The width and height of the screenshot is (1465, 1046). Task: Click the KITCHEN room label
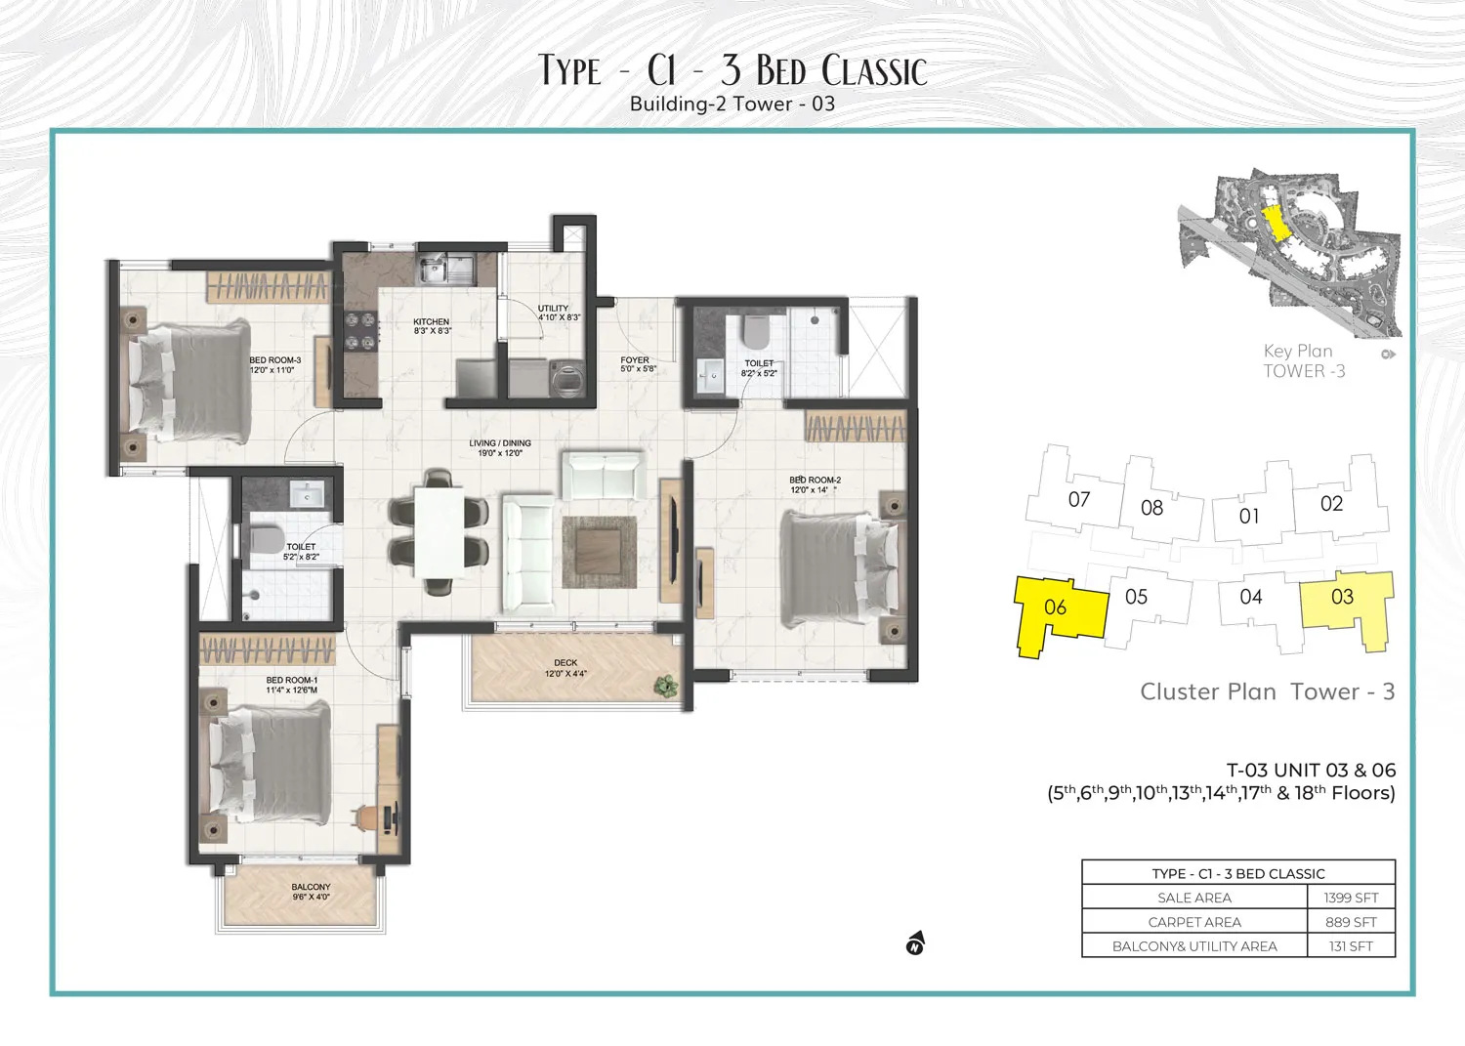(x=431, y=322)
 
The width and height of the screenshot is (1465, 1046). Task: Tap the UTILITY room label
(x=553, y=309)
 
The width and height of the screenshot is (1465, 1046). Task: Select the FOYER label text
(x=635, y=360)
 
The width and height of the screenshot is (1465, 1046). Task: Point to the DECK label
(x=565, y=663)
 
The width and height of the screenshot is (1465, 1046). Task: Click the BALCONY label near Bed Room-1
(x=311, y=887)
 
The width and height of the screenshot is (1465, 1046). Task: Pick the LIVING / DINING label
(x=500, y=443)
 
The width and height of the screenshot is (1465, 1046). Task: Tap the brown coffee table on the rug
(x=599, y=552)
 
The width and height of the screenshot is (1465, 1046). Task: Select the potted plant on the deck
(x=667, y=686)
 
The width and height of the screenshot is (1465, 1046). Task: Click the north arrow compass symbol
(x=915, y=943)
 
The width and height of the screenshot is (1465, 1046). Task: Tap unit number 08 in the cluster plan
(x=1152, y=508)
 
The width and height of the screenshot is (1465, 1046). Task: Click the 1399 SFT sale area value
(x=1351, y=898)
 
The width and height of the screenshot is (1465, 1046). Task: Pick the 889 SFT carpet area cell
(x=1351, y=922)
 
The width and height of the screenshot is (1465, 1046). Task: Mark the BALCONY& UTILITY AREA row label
(x=1194, y=946)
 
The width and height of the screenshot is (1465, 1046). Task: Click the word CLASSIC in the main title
(x=874, y=70)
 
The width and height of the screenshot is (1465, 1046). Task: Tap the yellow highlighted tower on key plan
(x=1274, y=223)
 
